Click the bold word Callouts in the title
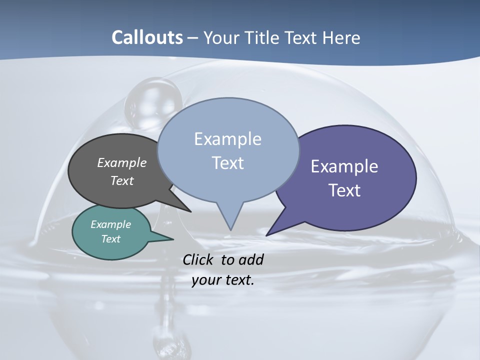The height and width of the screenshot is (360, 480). (147, 37)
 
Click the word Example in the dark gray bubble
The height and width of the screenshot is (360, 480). (122, 162)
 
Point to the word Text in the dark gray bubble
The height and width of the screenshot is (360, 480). (122, 180)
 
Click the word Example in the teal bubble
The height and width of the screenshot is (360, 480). (111, 224)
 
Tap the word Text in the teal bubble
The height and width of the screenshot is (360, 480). (111, 239)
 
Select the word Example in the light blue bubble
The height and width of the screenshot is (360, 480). (227, 139)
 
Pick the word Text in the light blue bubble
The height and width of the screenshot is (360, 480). (227, 163)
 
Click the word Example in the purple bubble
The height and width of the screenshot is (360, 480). (344, 166)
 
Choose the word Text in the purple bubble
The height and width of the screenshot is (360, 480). (344, 190)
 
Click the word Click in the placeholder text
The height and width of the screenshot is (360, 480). (199, 259)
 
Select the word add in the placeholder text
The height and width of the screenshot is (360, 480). (251, 259)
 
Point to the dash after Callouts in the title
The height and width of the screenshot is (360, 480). (193, 38)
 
